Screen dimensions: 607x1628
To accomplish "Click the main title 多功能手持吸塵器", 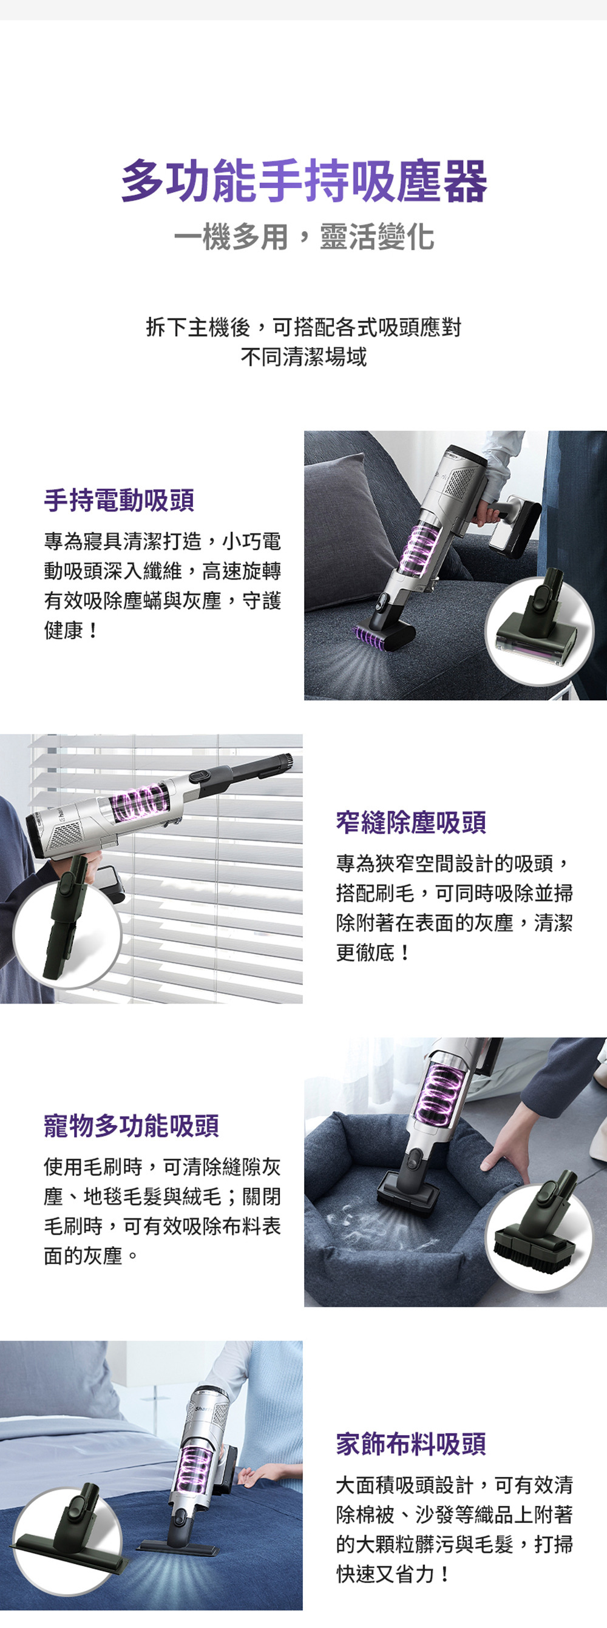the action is coord(303,181).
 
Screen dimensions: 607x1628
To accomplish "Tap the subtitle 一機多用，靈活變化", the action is coord(303,238).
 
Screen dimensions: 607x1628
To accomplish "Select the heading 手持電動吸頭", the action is coord(119,500).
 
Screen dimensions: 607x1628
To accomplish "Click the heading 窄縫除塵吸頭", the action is coord(411,822).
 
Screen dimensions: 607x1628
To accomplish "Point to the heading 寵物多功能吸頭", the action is coord(132,1126).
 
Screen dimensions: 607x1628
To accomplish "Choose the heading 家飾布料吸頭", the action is coord(411,1444).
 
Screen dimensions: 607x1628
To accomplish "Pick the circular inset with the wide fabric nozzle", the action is coord(67,1541).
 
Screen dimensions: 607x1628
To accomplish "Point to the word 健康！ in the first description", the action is coord(71,630).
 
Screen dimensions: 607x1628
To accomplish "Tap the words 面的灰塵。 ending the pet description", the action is coord(91,1256).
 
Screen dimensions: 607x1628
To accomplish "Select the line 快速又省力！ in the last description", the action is coord(393,1574).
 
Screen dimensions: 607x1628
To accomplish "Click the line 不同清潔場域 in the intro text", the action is coord(303,357).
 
